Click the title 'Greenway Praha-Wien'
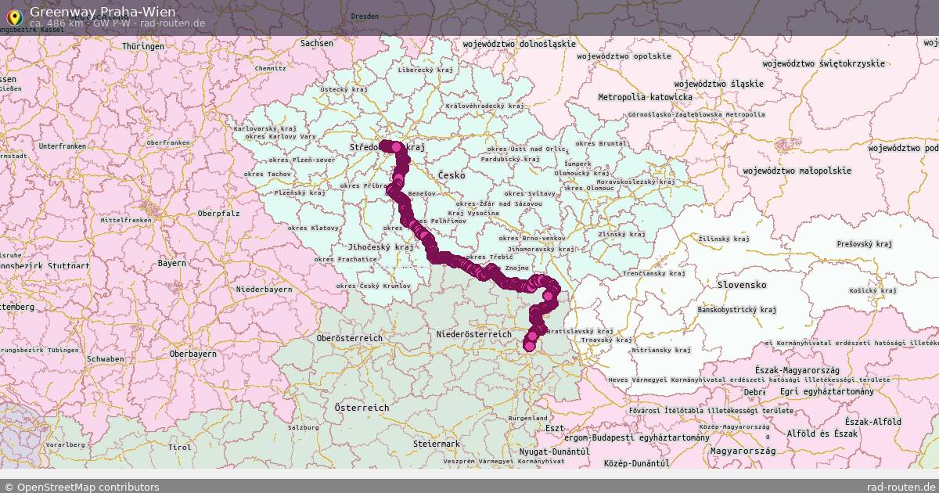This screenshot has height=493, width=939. [103, 12]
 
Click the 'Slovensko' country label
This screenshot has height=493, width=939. [741, 285]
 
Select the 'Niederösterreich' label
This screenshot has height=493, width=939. [473, 334]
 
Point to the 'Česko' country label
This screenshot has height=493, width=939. [452, 175]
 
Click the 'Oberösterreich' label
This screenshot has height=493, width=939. [350, 338]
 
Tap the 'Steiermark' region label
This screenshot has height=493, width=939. [437, 444]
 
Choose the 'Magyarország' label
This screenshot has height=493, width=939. [743, 451]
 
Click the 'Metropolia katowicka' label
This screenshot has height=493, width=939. [645, 97]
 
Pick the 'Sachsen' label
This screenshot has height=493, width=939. [317, 43]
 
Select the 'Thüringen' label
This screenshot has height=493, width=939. [143, 46]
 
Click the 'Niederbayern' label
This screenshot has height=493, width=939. [264, 290]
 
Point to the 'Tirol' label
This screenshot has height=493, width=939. [179, 448]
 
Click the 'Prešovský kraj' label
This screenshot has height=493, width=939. [865, 244]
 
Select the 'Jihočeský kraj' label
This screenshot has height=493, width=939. [383, 246]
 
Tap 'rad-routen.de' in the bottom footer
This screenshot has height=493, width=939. [901, 487]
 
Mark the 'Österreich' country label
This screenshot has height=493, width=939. [362, 408]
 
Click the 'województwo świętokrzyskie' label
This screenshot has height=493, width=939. [824, 63]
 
